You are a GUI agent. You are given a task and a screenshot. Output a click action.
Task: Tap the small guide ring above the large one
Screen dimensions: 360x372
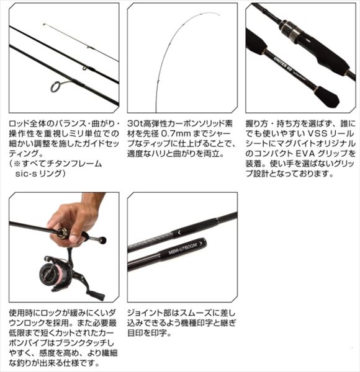(x=85, y=68)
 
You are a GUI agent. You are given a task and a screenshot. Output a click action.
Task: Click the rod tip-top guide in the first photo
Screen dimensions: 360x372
(x=44, y=24)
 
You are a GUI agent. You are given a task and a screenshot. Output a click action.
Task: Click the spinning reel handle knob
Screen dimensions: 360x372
(x=98, y=296)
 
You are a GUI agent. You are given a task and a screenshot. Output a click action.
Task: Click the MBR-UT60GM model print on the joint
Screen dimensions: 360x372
(x=182, y=248)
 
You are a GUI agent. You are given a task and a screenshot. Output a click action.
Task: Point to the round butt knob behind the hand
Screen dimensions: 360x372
(x=103, y=240)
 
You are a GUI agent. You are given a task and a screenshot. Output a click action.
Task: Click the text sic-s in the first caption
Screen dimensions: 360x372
(x=25, y=174)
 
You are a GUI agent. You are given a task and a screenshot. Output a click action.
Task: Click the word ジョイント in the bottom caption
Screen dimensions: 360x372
(x=145, y=313)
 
